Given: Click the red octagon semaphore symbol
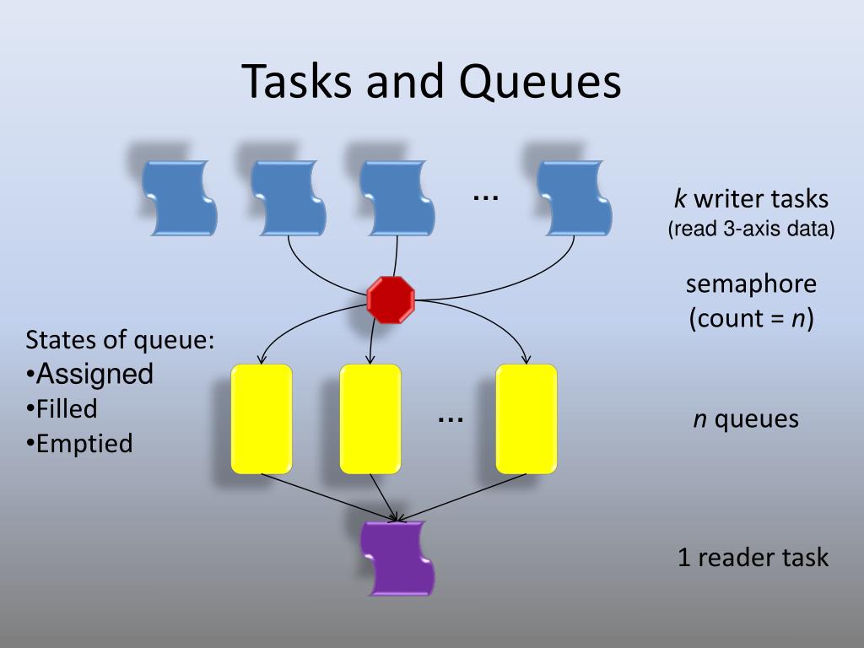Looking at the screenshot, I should click(x=391, y=300).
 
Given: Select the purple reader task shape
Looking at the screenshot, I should click(x=397, y=559).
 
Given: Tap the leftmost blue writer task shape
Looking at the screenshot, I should click(x=179, y=198).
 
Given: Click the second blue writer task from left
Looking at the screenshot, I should click(x=289, y=198).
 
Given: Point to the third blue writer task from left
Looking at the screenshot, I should click(x=397, y=198).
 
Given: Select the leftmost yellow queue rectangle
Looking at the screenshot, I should click(x=262, y=418).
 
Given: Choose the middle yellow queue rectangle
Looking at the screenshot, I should click(x=370, y=418).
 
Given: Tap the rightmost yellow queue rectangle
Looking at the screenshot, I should click(x=526, y=418).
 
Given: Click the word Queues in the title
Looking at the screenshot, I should click(x=540, y=83).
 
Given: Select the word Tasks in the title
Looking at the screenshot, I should click(x=298, y=83).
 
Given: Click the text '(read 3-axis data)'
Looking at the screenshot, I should click(x=751, y=229).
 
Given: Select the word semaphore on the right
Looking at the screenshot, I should click(x=751, y=284).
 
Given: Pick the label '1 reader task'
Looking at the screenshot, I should click(x=753, y=558).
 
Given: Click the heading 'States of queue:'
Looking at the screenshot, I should click(x=120, y=340).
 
